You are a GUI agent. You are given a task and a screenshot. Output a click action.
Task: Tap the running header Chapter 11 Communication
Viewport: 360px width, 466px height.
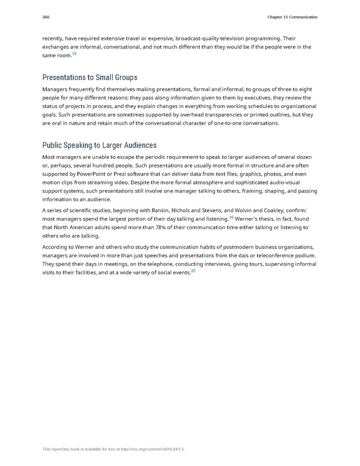click(291, 17)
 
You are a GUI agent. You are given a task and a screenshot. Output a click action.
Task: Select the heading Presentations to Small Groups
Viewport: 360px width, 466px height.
click(90, 77)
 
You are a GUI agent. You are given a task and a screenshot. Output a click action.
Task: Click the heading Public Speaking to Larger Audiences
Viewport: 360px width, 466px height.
click(99, 145)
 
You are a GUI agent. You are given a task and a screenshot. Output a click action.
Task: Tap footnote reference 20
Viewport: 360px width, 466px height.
click(193, 270)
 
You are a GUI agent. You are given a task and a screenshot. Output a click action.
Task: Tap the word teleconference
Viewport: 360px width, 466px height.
click(272, 255)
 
